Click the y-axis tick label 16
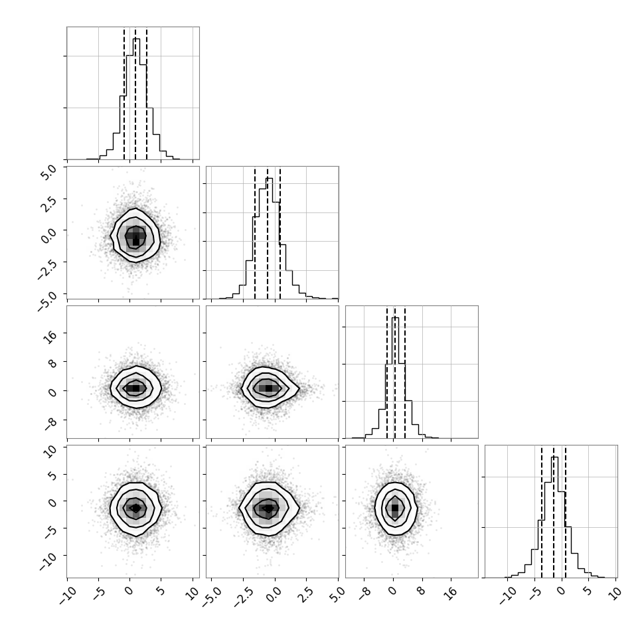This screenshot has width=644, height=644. point(50,337)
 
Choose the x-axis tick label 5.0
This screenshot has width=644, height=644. point(337,594)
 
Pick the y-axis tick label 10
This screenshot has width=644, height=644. point(50,452)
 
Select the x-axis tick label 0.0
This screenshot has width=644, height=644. point(274,594)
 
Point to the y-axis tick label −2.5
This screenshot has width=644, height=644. point(46,270)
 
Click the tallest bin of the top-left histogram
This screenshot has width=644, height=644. point(136,98)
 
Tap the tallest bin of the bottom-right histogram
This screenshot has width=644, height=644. point(554,517)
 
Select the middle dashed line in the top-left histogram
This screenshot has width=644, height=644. point(135,93)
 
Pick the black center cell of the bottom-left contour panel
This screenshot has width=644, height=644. point(136,508)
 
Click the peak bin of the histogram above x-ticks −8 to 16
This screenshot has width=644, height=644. point(395,378)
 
